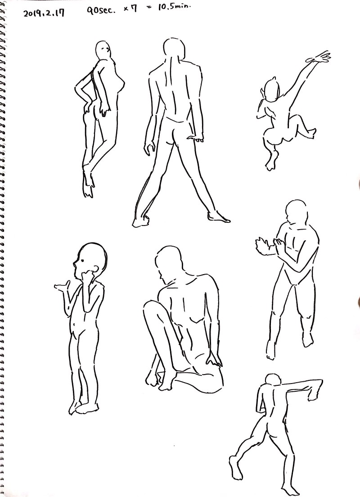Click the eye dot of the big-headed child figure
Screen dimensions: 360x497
[81, 260]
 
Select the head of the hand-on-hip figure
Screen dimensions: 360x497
[103, 50]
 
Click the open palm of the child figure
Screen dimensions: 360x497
[62, 286]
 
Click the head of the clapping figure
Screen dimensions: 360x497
[297, 212]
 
